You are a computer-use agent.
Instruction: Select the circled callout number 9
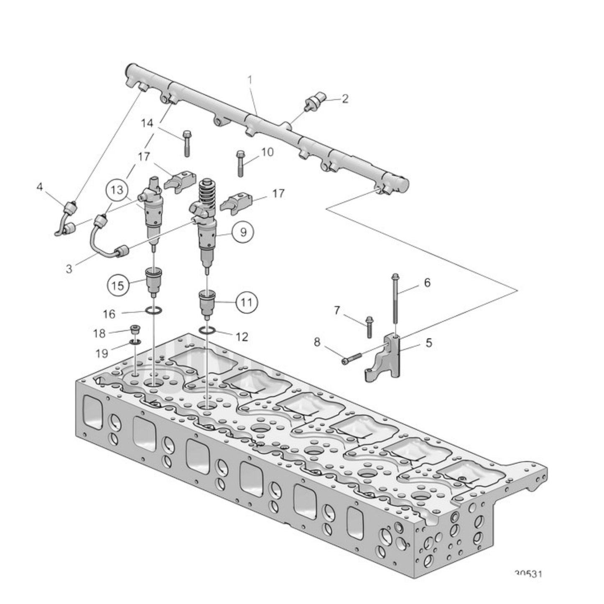pyautogui.click(x=243, y=231)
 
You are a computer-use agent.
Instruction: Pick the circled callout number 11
pyautogui.click(x=247, y=302)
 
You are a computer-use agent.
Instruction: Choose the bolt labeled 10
pyautogui.click(x=240, y=163)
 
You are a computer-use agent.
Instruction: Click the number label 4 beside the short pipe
pyautogui.click(x=40, y=187)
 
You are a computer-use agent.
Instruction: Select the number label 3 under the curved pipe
pyautogui.click(x=69, y=268)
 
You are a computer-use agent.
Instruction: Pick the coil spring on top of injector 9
pyautogui.click(x=208, y=191)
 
